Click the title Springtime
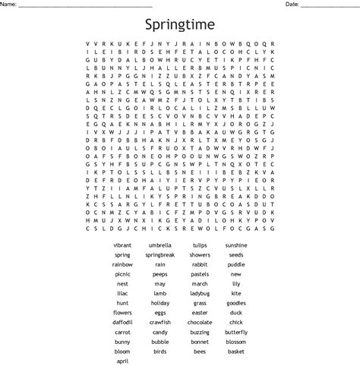point(179,25)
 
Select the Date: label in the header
point(292,5)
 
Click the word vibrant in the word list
point(123,245)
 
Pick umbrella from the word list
point(160,245)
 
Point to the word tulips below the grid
point(200,245)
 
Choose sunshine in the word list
point(236,245)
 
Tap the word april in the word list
point(123,361)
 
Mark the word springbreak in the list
point(160,255)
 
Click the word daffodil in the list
point(123,322)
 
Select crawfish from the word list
point(160,322)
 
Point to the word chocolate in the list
point(200,322)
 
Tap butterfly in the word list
point(236,332)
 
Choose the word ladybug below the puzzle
point(200,293)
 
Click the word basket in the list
point(236,352)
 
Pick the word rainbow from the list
point(123,264)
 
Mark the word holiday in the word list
point(160,303)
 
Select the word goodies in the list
point(236,303)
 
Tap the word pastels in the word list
point(200,274)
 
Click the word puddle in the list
point(236,264)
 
